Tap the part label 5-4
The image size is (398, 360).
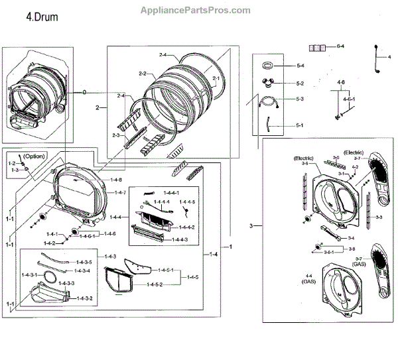click(x=300, y=66)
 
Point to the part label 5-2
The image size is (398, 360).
click(x=300, y=84)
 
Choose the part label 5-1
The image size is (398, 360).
click(x=300, y=125)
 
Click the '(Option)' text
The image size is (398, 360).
click(x=34, y=156)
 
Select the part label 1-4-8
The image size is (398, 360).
click(x=116, y=180)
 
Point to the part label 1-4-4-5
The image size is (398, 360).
click(x=186, y=202)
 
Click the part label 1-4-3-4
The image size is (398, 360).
click(x=82, y=270)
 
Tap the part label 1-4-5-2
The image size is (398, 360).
click(x=150, y=284)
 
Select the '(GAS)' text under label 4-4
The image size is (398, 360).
click(x=308, y=282)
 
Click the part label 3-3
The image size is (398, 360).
click(x=379, y=217)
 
